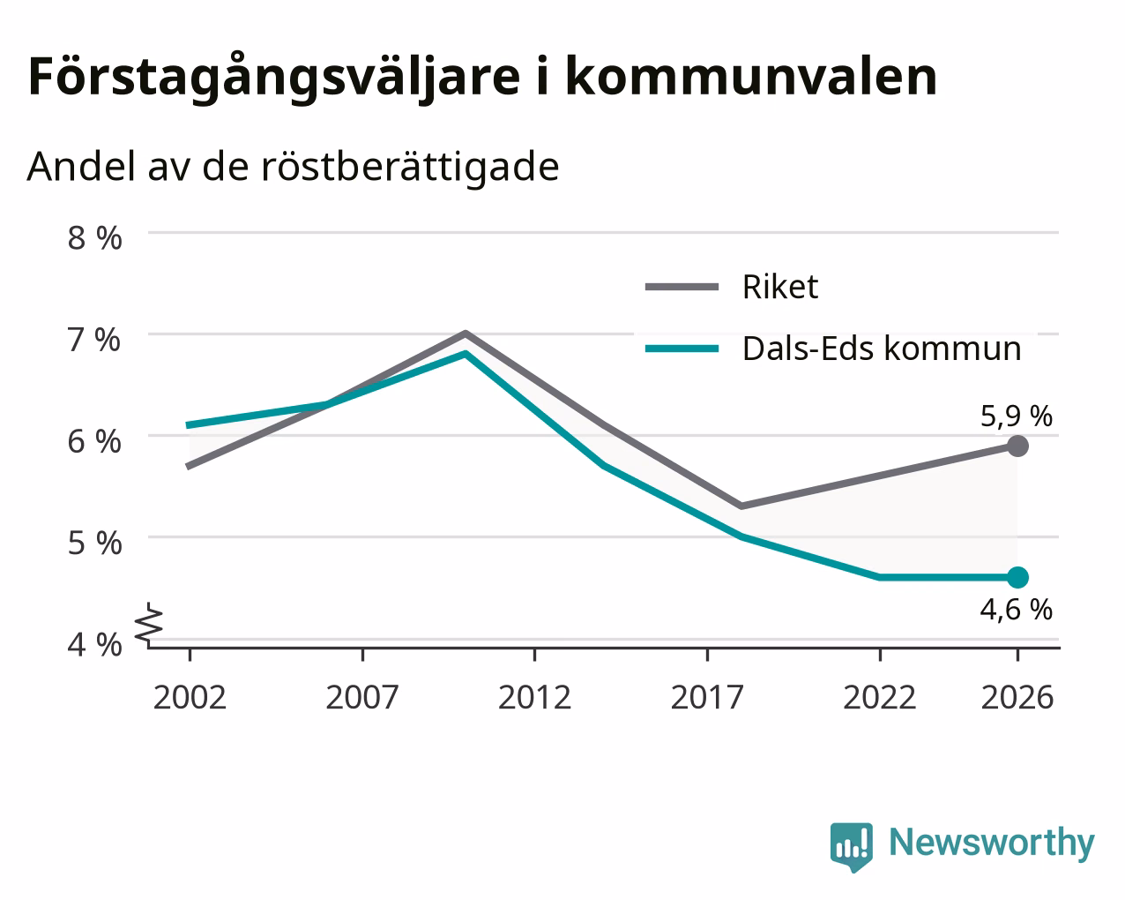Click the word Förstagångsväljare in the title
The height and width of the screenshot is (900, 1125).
274,78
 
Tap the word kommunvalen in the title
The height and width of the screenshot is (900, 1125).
751,77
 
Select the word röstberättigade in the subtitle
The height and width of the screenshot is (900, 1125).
410,167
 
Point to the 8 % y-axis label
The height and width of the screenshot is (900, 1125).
94,238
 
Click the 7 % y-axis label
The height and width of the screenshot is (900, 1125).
94,340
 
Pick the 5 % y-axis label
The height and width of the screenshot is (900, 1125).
94,543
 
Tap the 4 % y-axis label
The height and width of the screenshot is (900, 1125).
94,644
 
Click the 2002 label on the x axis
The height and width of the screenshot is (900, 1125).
190,697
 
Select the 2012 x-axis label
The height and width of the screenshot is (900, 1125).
534,697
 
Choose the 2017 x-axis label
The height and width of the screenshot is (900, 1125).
707,697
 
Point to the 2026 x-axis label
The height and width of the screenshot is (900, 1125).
1017,697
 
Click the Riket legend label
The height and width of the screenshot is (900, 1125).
780,287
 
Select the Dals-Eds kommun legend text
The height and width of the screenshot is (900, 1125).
882,349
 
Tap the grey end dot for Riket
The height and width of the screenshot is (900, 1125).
1017,446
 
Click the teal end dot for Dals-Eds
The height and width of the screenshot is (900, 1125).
1017,578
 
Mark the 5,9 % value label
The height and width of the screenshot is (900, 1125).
1017,416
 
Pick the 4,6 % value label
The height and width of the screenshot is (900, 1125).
1017,610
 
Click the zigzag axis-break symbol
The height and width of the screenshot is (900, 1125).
149,623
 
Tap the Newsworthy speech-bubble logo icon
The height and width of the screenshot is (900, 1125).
852,844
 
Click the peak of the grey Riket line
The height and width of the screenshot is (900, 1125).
466,333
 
